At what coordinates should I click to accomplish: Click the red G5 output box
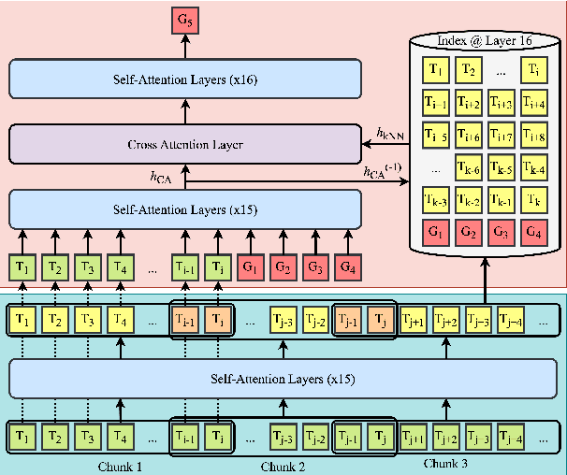coord(184,18)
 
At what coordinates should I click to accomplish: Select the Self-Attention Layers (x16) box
coord(184,79)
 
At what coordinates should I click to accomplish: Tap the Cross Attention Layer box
coord(184,144)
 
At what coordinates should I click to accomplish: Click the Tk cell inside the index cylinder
coord(534,200)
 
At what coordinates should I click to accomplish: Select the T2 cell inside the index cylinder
coord(469,69)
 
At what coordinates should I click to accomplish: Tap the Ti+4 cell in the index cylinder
coord(534,103)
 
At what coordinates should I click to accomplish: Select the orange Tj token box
coord(380,321)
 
